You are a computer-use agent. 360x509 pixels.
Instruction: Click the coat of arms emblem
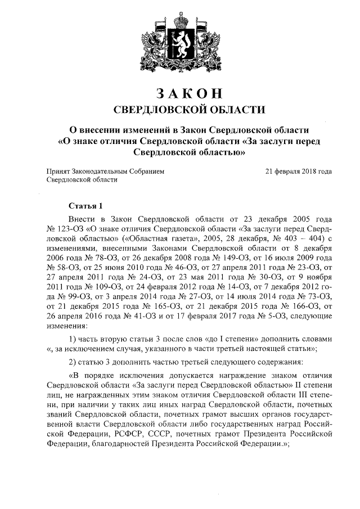180,42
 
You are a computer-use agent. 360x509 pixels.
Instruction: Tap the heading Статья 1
85,205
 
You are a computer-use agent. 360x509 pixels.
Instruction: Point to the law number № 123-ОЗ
64,229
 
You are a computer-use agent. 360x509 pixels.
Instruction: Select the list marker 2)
73,361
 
